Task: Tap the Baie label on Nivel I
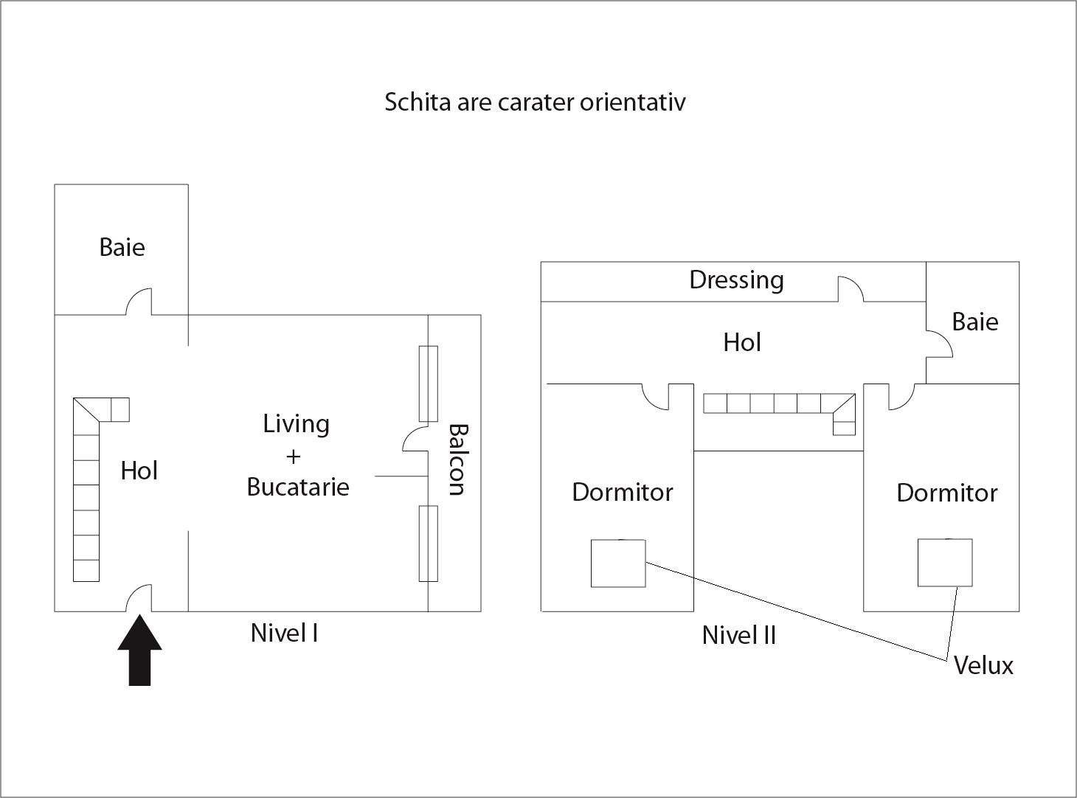tap(122, 246)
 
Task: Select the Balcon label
tap(457, 459)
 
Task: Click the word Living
tap(296, 424)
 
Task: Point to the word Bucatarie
tap(298, 487)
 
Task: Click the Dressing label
tap(736, 280)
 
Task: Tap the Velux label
tap(983, 665)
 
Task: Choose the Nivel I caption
tap(284, 633)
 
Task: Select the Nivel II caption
tap(738, 635)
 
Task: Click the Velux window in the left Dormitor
tap(618, 563)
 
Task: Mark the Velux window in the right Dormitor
tap(945, 563)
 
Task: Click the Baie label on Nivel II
tap(974, 322)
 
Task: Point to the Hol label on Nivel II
tap(742, 342)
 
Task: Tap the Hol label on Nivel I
tap(139, 471)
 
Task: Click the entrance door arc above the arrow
tap(139, 598)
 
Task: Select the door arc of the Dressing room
tap(851, 288)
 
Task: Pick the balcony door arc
tap(415, 438)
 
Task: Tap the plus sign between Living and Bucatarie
tap(294, 456)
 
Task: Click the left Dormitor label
tap(622, 492)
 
